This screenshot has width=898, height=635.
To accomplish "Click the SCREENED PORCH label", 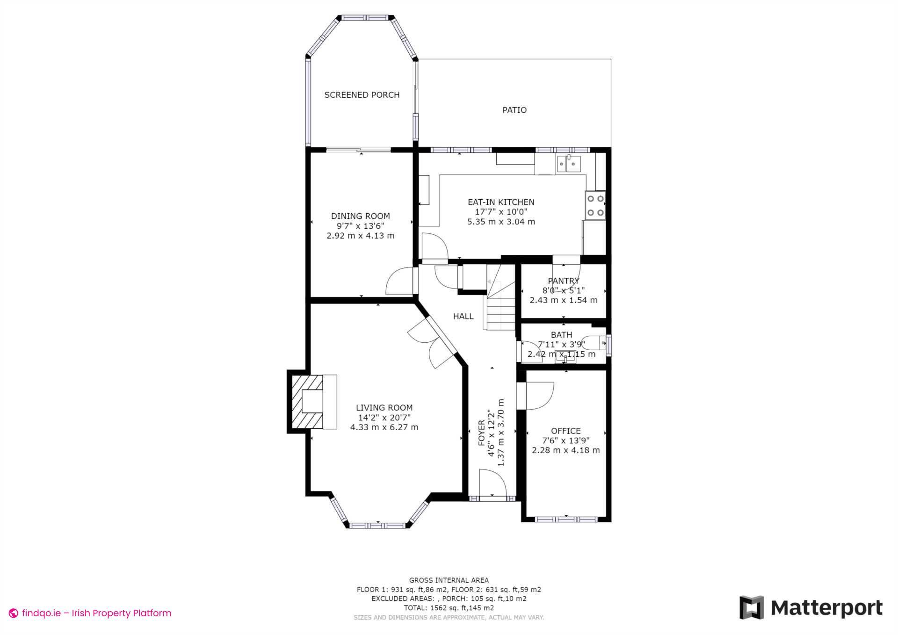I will pyautogui.click(x=362, y=95).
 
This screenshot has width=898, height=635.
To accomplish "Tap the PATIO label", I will pyautogui.click(x=514, y=110).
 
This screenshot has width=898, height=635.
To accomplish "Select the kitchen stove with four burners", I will pyautogui.click(x=595, y=205).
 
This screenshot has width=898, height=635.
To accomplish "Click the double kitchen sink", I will pyautogui.click(x=568, y=164).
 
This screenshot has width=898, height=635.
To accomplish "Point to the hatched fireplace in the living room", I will pyautogui.click(x=307, y=402).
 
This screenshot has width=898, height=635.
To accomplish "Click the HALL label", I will pyautogui.click(x=463, y=317).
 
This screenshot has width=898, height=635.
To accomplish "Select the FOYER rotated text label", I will pyautogui.click(x=481, y=433).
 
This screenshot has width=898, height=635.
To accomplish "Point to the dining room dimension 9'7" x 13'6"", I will pyautogui.click(x=360, y=226).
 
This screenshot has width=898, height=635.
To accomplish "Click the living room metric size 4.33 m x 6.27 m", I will pyautogui.click(x=384, y=427).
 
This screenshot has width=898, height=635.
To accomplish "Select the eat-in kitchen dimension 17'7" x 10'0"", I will pyautogui.click(x=501, y=212).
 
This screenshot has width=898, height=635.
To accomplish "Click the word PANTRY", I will pyautogui.click(x=563, y=281).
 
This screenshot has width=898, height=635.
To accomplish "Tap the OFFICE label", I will pyautogui.click(x=565, y=431).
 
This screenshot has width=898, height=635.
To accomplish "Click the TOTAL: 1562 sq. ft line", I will pyautogui.click(x=449, y=608).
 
